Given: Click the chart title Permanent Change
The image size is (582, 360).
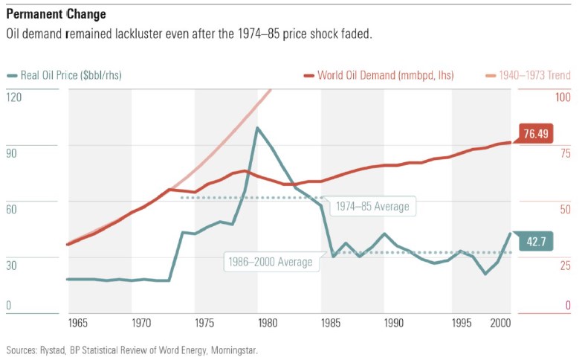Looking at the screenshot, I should click(56, 14).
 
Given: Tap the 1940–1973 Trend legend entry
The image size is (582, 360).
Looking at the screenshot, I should click(531, 75).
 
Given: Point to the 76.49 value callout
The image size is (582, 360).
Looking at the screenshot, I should click(534, 134).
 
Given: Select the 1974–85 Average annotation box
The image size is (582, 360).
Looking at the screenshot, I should click(371, 206).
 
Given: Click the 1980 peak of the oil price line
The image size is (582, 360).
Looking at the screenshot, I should click(257, 128).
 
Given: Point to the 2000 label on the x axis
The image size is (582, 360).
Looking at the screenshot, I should click(502, 324).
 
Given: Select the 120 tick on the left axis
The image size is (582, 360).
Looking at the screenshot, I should click(15, 97).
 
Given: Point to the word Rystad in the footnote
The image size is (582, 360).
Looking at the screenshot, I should click(52, 350).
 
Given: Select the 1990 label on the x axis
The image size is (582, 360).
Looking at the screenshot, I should click(394, 324).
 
